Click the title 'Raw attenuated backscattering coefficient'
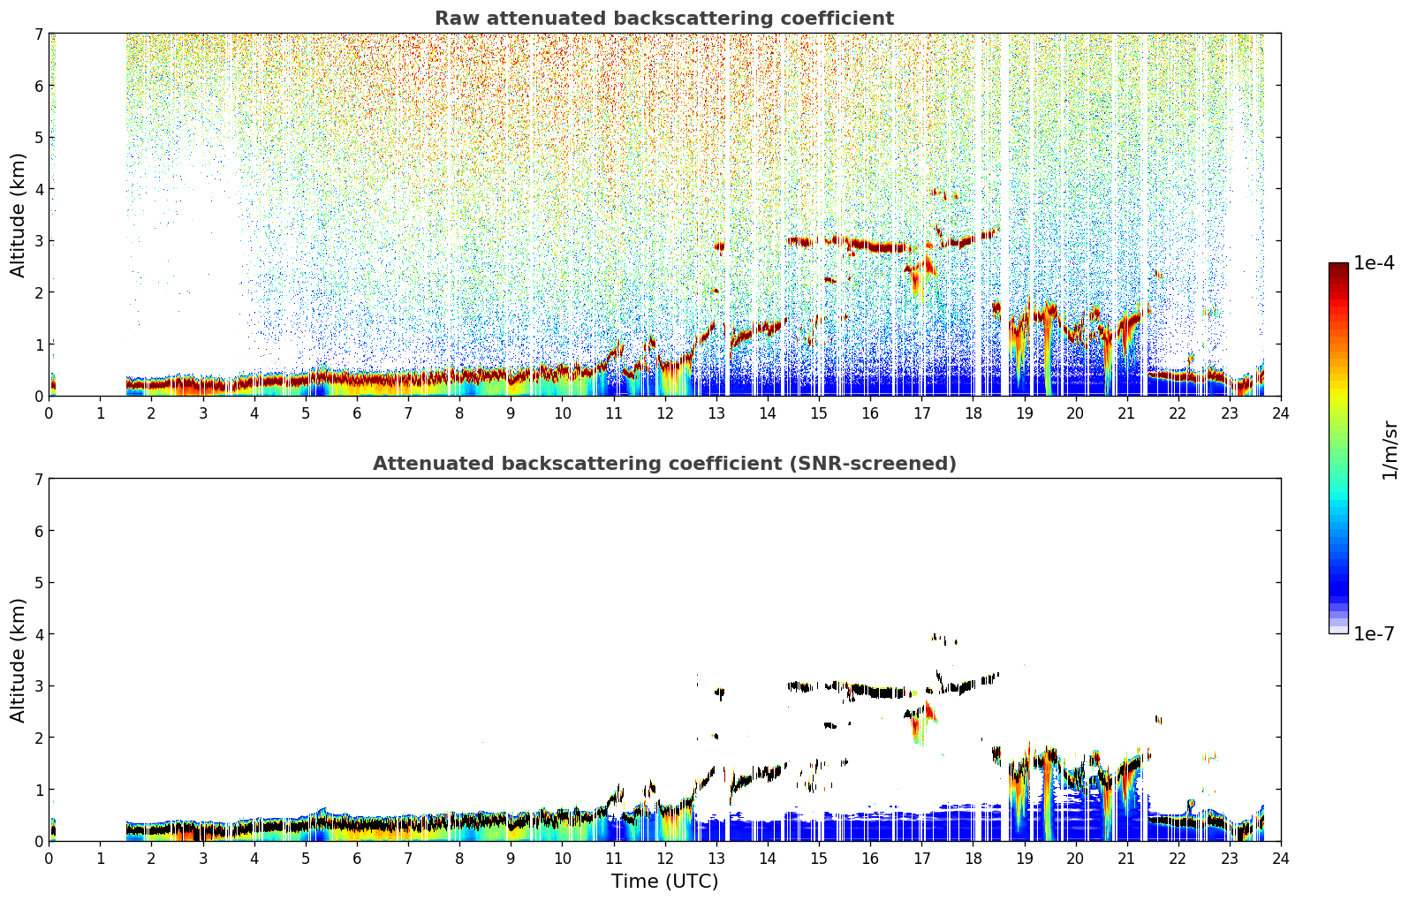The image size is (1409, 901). (x=664, y=19)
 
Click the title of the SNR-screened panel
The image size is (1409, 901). (x=664, y=463)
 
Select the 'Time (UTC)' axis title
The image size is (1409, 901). (x=664, y=881)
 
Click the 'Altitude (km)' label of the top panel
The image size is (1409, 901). (x=18, y=216)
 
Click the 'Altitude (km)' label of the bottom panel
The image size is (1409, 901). (x=18, y=660)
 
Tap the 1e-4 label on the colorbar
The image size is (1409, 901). (x=1374, y=263)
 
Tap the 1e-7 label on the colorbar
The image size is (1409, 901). (x=1374, y=633)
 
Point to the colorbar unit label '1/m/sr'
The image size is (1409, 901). (x=1390, y=450)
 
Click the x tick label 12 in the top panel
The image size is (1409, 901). (x=665, y=413)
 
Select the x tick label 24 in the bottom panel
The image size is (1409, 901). (x=1281, y=859)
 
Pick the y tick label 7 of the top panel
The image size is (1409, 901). (x=39, y=34)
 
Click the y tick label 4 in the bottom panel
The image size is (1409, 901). (x=39, y=634)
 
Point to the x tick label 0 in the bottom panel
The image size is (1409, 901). (x=49, y=859)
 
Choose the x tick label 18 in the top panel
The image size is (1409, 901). (x=973, y=413)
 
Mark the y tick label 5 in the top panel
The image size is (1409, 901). (x=39, y=137)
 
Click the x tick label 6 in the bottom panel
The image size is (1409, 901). (x=357, y=859)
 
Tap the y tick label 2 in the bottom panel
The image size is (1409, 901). (x=39, y=738)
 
